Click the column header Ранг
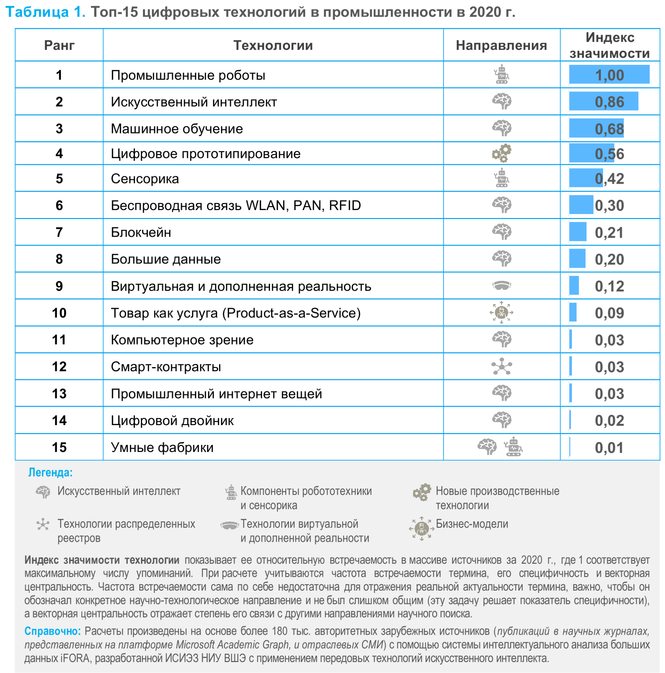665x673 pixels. (x=59, y=45)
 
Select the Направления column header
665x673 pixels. (x=501, y=45)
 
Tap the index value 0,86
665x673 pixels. (x=609, y=102)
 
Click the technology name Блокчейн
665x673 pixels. (x=141, y=232)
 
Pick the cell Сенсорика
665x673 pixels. (x=145, y=178)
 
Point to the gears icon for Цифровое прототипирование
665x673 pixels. (x=501, y=153)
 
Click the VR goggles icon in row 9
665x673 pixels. (x=501, y=285)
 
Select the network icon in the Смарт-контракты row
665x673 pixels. (x=501, y=366)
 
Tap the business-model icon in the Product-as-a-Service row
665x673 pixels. (x=501, y=312)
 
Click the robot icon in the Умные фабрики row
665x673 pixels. (x=513, y=447)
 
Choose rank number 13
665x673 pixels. (x=59, y=393)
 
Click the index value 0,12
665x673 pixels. (x=609, y=286)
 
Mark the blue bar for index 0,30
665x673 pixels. (x=581, y=205)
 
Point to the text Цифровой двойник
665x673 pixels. (x=172, y=420)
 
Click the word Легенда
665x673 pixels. (x=50, y=472)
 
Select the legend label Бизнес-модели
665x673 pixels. (x=471, y=523)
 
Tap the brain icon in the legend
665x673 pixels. (x=43, y=492)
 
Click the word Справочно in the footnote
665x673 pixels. (x=52, y=631)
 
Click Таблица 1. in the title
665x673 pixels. (x=45, y=12)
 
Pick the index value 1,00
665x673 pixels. (x=609, y=75)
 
